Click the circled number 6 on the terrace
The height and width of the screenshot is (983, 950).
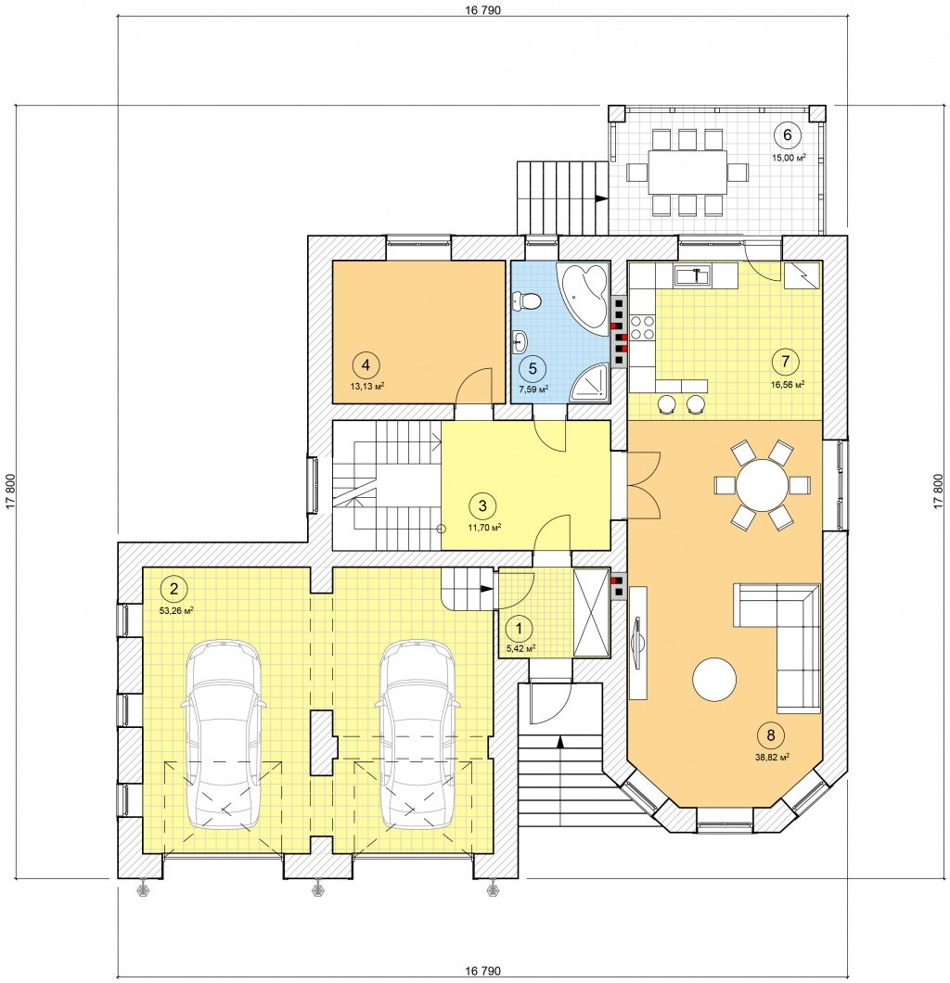pos(788,134)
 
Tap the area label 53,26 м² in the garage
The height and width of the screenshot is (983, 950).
pos(176,609)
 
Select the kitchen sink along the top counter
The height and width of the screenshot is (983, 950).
pos(692,274)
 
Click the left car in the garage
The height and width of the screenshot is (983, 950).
pos(224,733)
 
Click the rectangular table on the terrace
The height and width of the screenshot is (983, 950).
pos(687,172)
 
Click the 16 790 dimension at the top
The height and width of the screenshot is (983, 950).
pos(483,10)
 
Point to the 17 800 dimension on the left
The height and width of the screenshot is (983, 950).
pos(10,491)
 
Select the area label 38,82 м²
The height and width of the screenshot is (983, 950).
pos(772,757)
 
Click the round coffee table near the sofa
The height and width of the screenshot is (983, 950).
pos(714,679)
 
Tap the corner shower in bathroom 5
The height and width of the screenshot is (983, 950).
pos(588,380)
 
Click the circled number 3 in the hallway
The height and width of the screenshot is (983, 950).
pos(482,505)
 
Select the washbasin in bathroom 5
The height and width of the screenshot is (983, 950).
pos(520,342)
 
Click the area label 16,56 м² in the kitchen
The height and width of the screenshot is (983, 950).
pos(788,385)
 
